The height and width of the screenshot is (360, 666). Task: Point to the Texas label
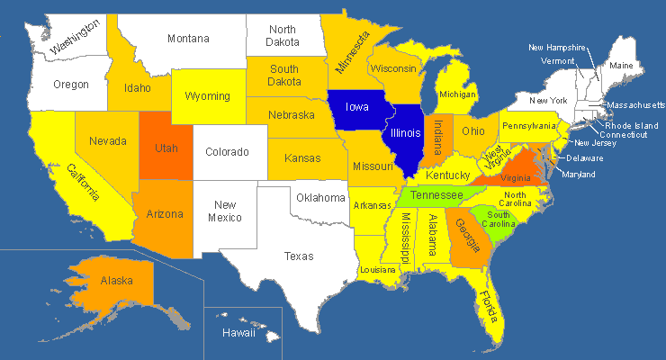pyautogui.click(x=299, y=256)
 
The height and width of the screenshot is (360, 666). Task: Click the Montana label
pyautogui.click(x=189, y=39)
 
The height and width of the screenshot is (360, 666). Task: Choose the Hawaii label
pyautogui.click(x=238, y=333)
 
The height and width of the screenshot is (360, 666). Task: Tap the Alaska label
pyautogui.click(x=117, y=281)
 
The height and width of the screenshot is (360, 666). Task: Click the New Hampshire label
pyautogui.click(x=557, y=48)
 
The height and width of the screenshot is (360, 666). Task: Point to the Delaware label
pyautogui.click(x=585, y=158)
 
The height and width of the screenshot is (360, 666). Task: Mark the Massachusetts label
pyautogui.click(x=635, y=105)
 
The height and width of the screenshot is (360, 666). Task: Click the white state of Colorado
pyautogui.click(x=227, y=152)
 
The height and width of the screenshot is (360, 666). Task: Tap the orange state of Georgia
pyautogui.click(x=466, y=236)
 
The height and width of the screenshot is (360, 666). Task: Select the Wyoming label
pyautogui.click(x=206, y=96)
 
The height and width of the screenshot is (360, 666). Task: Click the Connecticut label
pyautogui.click(x=625, y=135)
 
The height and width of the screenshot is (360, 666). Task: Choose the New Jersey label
pyautogui.click(x=595, y=143)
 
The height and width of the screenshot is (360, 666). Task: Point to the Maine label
pyautogui.click(x=621, y=66)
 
